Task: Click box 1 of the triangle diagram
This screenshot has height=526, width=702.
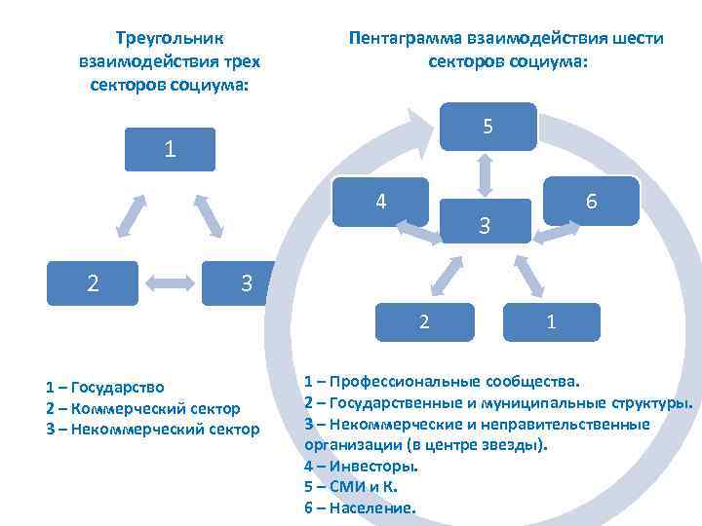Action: point(171,150)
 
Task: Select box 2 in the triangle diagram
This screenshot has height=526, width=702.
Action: point(93,283)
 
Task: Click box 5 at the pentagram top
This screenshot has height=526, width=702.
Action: point(487,127)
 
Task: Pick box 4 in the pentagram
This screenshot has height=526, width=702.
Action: point(381,202)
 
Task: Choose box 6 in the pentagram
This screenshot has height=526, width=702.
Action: point(591,201)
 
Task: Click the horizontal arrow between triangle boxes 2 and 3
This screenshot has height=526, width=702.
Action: point(172,283)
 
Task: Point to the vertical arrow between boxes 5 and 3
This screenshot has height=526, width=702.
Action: point(486,173)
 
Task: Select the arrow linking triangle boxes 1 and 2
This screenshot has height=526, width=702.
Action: point(131,215)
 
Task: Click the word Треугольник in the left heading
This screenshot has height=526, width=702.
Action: point(170,39)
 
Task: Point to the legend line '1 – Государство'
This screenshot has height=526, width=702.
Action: point(105,388)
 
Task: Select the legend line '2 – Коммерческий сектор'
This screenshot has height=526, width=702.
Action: point(142,408)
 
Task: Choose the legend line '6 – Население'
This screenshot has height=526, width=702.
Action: point(360,507)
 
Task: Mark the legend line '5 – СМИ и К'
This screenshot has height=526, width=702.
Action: point(351,487)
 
